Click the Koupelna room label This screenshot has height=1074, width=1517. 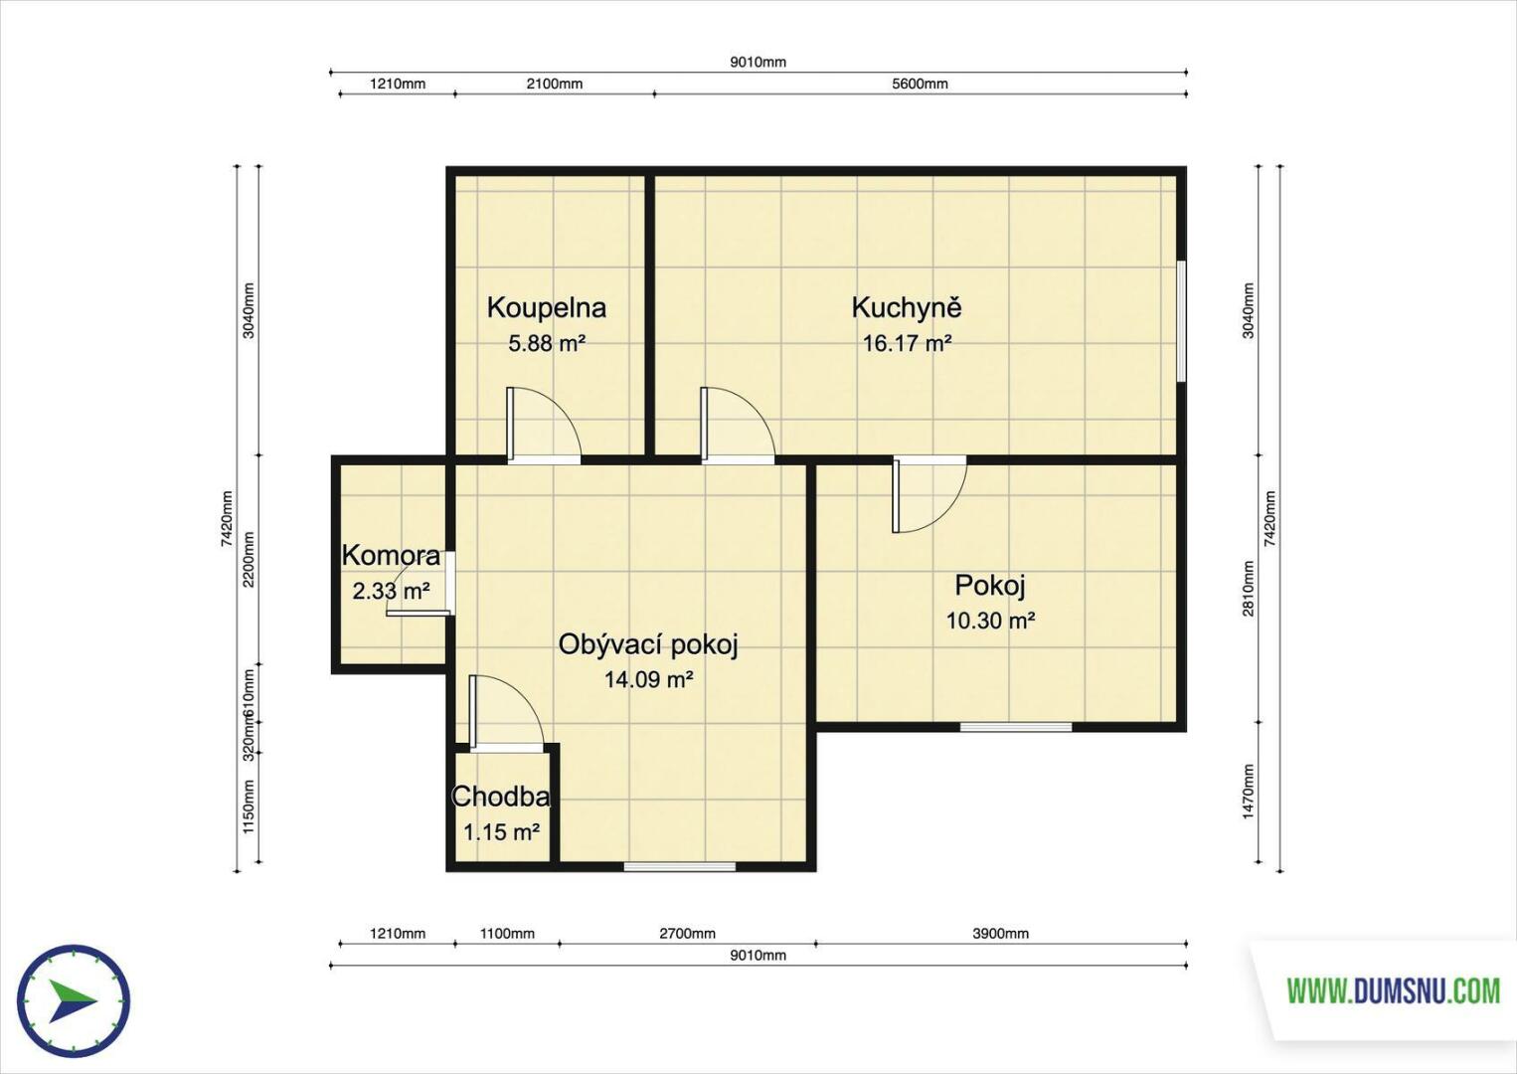pos(546,308)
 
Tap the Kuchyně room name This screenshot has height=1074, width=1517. pos(907,307)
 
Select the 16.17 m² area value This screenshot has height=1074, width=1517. pos(907,343)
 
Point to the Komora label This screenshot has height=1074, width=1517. pos(391,556)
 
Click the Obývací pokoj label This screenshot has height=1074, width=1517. pos(647,645)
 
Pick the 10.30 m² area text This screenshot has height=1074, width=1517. pos(990,620)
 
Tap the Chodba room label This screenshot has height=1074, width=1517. pos(500,797)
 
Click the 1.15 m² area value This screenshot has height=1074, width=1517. pos(501,832)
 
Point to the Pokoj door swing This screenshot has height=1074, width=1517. pos(929,494)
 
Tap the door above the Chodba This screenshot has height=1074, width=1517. pos(507,714)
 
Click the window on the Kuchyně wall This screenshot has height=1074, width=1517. pos(1182,322)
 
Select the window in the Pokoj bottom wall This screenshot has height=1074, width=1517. pos(1016,727)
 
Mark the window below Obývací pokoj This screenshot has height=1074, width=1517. pos(679,866)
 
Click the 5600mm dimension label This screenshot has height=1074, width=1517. pos(920,84)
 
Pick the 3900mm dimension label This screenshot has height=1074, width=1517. pos(1000,934)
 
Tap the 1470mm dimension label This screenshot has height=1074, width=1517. pos(1249,792)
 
